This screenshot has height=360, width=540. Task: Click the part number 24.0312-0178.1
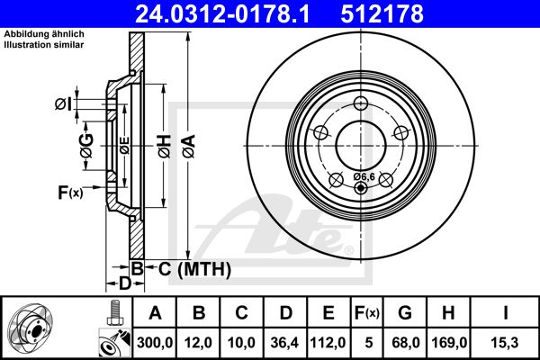pyautogui.click(x=222, y=13)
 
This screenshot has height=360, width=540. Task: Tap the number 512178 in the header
pyautogui.click(x=382, y=13)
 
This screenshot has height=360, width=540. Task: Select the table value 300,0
pyautogui.click(x=155, y=343)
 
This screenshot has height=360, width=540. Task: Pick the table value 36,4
pyautogui.click(x=284, y=343)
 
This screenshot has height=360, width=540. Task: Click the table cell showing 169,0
pyautogui.click(x=449, y=343)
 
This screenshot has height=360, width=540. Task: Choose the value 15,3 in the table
pyautogui.click(x=506, y=343)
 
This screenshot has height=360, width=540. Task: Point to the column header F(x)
pyautogui.click(x=367, y=313)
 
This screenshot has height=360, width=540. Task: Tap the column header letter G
pyautogui.click(x=405, y=313)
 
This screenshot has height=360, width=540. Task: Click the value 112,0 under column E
pyautogui.click(x=328, y=343)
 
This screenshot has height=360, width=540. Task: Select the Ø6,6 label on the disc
pyautogui.click(x=364, y=176)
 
